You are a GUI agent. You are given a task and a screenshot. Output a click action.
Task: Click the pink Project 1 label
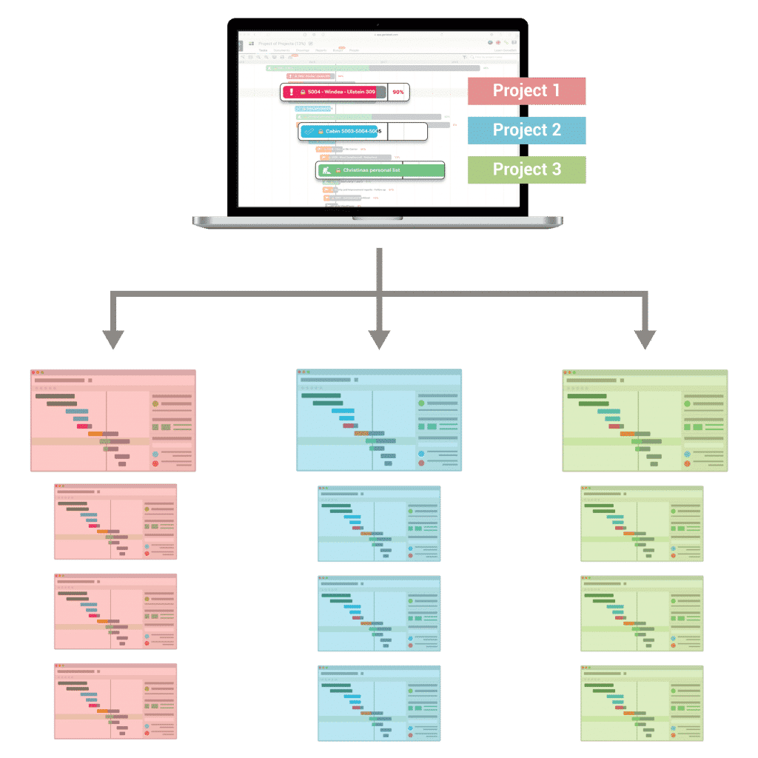(x=527, y=91)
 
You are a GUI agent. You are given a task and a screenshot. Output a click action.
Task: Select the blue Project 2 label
(x=527, y=130)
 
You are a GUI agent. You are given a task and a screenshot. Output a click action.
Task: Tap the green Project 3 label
(x=527, y=170)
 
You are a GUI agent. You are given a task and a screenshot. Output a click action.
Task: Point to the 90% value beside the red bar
(x=398, y=93)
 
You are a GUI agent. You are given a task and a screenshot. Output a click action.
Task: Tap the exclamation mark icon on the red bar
(x=292, y=93)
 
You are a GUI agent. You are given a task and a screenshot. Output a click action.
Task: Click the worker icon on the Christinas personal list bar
(x=326, y=170)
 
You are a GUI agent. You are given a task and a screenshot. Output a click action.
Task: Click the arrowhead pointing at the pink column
(x=113, y=340)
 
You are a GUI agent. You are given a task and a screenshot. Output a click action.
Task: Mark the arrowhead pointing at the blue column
(x=379, y=340)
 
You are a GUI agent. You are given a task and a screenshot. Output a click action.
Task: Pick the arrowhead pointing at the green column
(x=645, y=340)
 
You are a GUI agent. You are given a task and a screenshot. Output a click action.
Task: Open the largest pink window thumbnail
(x=113, y=420)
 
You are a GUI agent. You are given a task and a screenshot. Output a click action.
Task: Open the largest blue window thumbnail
(x=378, y=420)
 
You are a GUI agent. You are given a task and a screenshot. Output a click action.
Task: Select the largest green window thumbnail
(x=645, y=420)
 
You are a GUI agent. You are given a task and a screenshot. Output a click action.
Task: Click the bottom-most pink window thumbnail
(x=115, y=701)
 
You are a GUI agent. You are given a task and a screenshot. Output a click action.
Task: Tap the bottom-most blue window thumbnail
(x=379, y=702)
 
